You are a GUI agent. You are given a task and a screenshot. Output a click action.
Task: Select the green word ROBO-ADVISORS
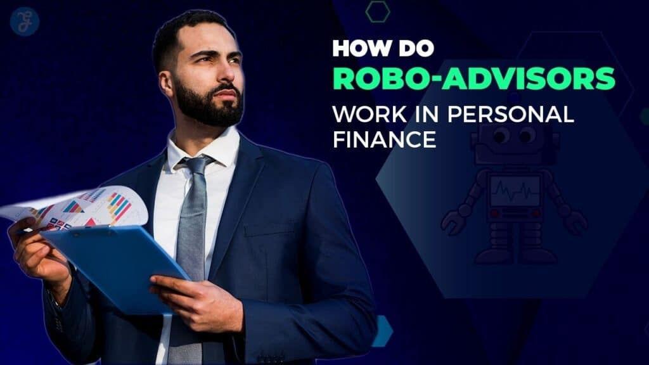pos(474,79)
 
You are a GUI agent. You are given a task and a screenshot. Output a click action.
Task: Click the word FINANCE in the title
pos(385,139)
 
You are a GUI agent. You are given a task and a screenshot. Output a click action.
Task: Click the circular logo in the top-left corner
pos(25,22)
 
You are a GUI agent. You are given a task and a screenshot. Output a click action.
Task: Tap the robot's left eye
pos(501,135)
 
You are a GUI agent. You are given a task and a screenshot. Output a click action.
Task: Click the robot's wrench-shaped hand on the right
pos(575,221)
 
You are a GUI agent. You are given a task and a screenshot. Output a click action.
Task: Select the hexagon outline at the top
pos(378,11)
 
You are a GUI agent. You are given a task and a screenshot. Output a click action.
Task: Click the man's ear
pos(167,83)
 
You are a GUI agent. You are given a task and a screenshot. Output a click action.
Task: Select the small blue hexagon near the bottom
pos(382,331)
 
